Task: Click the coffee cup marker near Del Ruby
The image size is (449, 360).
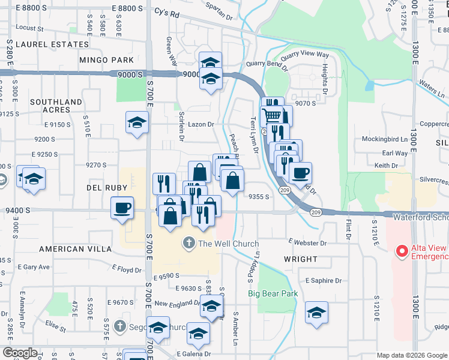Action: pos(122,208)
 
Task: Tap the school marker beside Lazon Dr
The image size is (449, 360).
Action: pos(137,123)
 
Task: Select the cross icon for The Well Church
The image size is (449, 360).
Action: pos(188,244)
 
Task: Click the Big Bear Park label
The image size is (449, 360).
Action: pos(273,294)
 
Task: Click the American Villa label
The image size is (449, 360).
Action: pos(76,248)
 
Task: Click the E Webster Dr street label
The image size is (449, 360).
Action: pos(307,243)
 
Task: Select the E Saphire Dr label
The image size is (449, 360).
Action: pos(323,280)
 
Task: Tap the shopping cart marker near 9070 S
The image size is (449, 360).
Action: pos(273,114)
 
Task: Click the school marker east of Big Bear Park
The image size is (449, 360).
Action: pos(316,313)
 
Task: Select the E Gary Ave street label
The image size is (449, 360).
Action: pos(37,267)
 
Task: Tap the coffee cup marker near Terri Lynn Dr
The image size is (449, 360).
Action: pos(300,173)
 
